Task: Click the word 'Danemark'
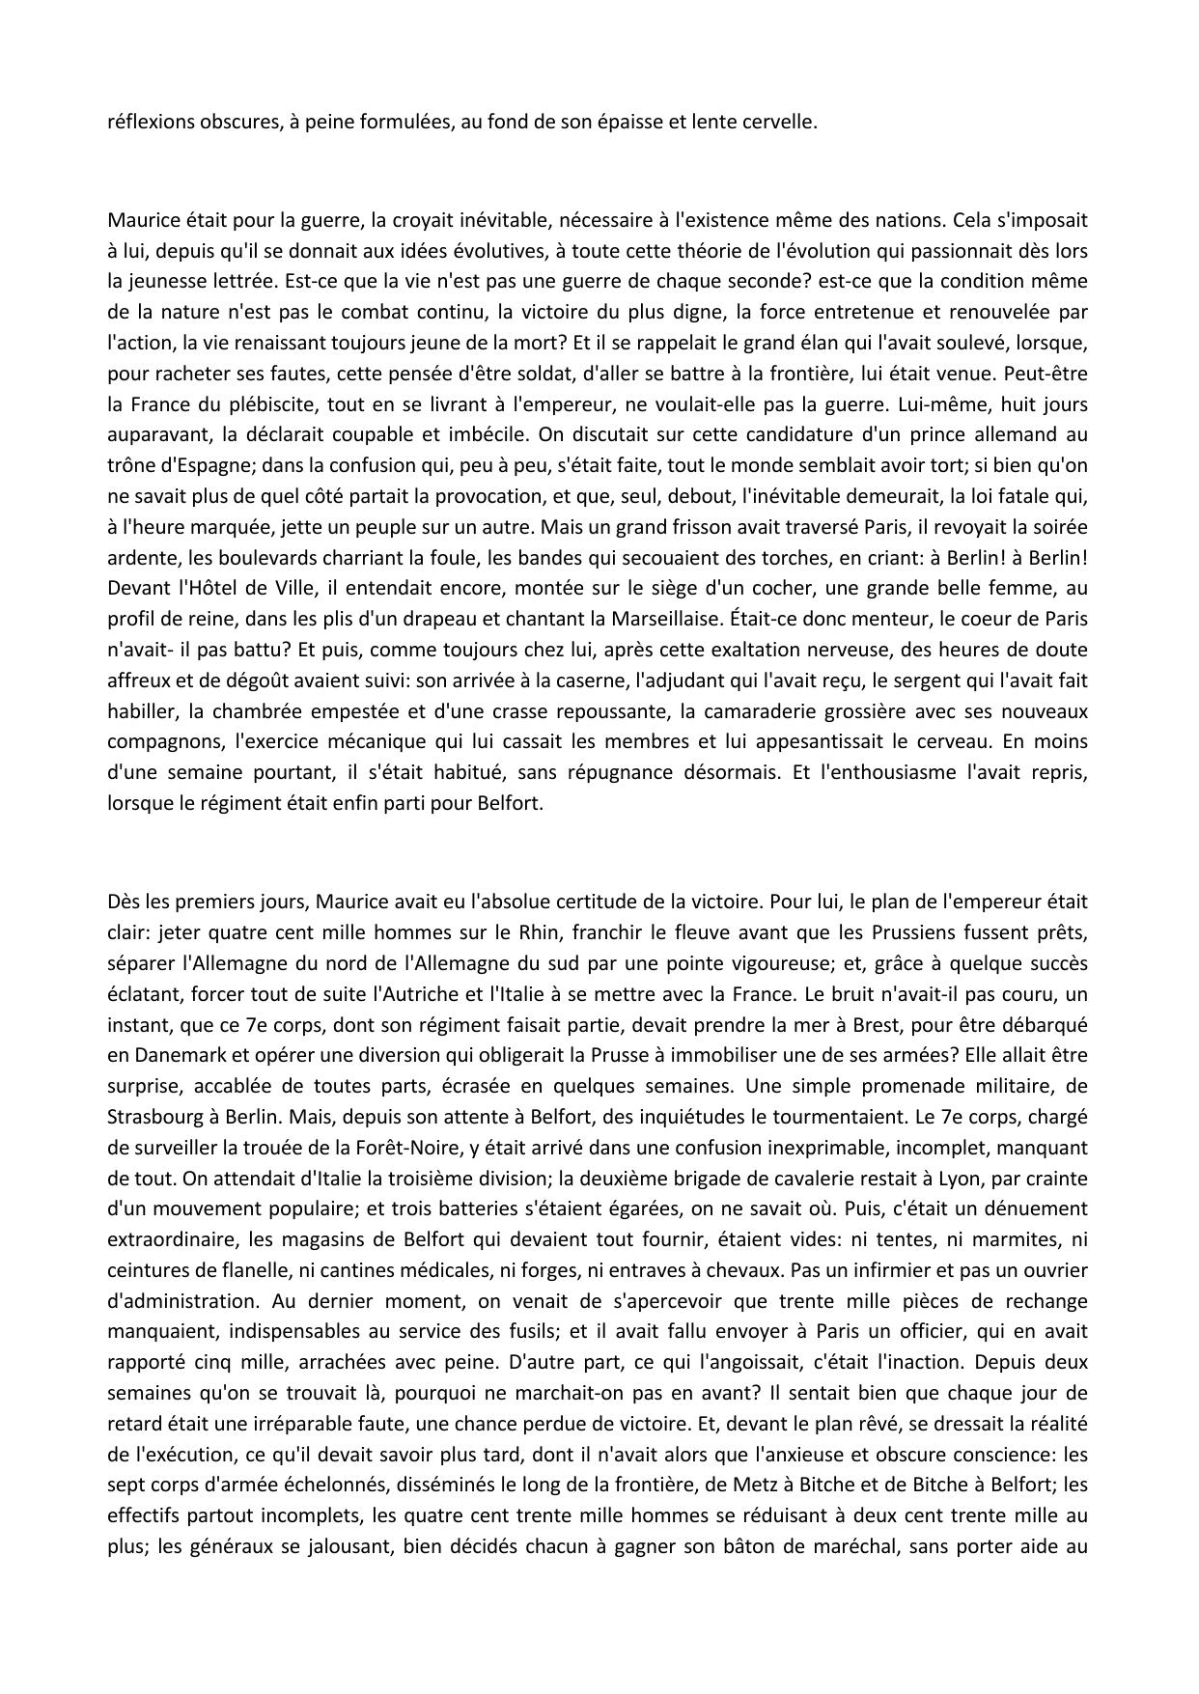[x=176, y=1055]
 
